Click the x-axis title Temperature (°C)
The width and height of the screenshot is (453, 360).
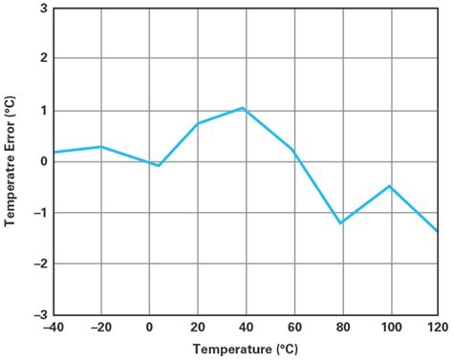click(x=245, y=349)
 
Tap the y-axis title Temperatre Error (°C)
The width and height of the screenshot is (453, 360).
click(x=11, y=160)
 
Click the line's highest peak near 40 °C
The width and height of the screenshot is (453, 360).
click(x=244, y=108)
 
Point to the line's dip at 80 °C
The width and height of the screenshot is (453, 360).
click(x=340, y=223)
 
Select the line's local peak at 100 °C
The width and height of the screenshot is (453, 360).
click(x=389, y=186)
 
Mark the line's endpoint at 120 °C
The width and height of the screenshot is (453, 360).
click(x=437, y=231)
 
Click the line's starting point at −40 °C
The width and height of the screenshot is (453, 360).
click(x=54, y=152)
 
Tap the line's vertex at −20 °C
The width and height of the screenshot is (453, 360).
click(x=101, y=146)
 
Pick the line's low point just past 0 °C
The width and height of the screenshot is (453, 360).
click(x=159, y=166)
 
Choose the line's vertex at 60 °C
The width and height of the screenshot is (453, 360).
click(x=292, y=149)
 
